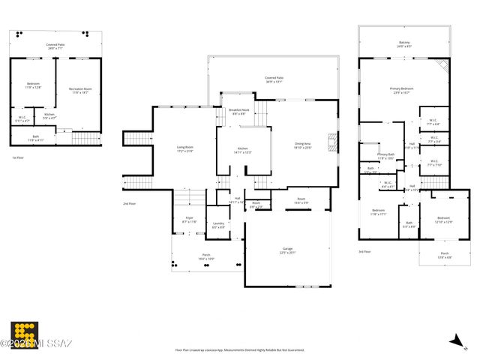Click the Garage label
point(287,250)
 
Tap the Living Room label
point(184,148)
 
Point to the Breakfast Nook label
point(239,112)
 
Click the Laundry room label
point(218,225)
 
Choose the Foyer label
point(189,220)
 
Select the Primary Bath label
point(385,157)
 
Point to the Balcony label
point(404,45)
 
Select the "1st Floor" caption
point(19,157)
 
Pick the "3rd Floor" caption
point(364,251)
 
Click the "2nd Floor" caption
point(130,203)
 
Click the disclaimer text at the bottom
point(240,349)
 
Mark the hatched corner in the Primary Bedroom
point(442,67)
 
